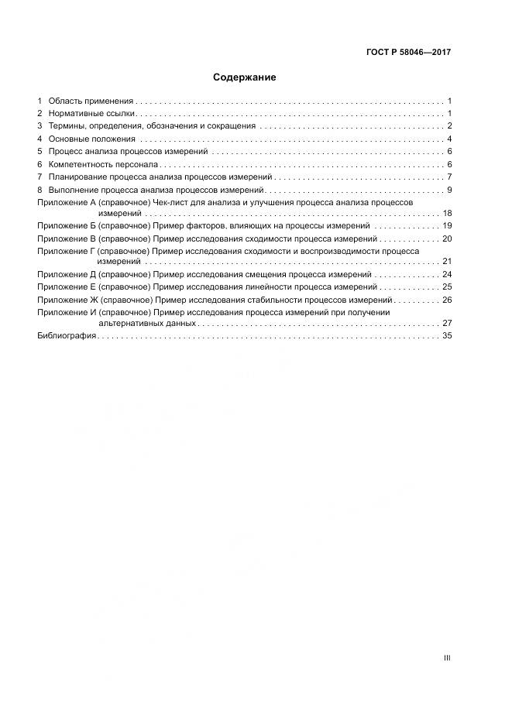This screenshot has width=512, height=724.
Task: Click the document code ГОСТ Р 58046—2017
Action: (408, 53)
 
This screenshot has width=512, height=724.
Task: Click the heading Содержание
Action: (244, 77)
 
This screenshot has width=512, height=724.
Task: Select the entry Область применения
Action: (91, 101)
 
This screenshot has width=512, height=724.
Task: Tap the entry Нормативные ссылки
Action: (91, 114)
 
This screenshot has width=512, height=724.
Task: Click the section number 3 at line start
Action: (40, 126)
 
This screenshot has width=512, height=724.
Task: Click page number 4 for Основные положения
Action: (449, 139)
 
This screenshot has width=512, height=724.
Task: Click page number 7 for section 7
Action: (449, 177)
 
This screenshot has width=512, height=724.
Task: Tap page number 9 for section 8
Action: (449, 190)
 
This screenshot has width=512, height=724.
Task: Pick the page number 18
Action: (447, 212)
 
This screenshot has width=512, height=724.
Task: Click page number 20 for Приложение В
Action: (447, 238)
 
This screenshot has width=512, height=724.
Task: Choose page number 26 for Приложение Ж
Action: (447, 300)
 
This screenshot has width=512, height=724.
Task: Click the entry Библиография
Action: (66, 335)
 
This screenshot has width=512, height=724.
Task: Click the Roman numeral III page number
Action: (447, 657)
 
